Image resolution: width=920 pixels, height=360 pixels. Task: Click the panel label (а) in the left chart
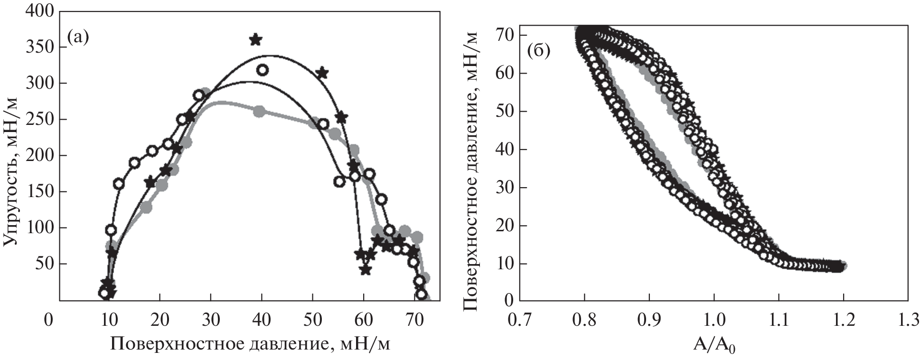click(78, 37)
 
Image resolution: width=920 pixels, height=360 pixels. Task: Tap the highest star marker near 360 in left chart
click(255, 39)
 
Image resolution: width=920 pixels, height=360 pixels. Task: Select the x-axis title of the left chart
click(251, 344)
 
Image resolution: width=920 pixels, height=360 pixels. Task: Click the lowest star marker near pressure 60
click(365, 270)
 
